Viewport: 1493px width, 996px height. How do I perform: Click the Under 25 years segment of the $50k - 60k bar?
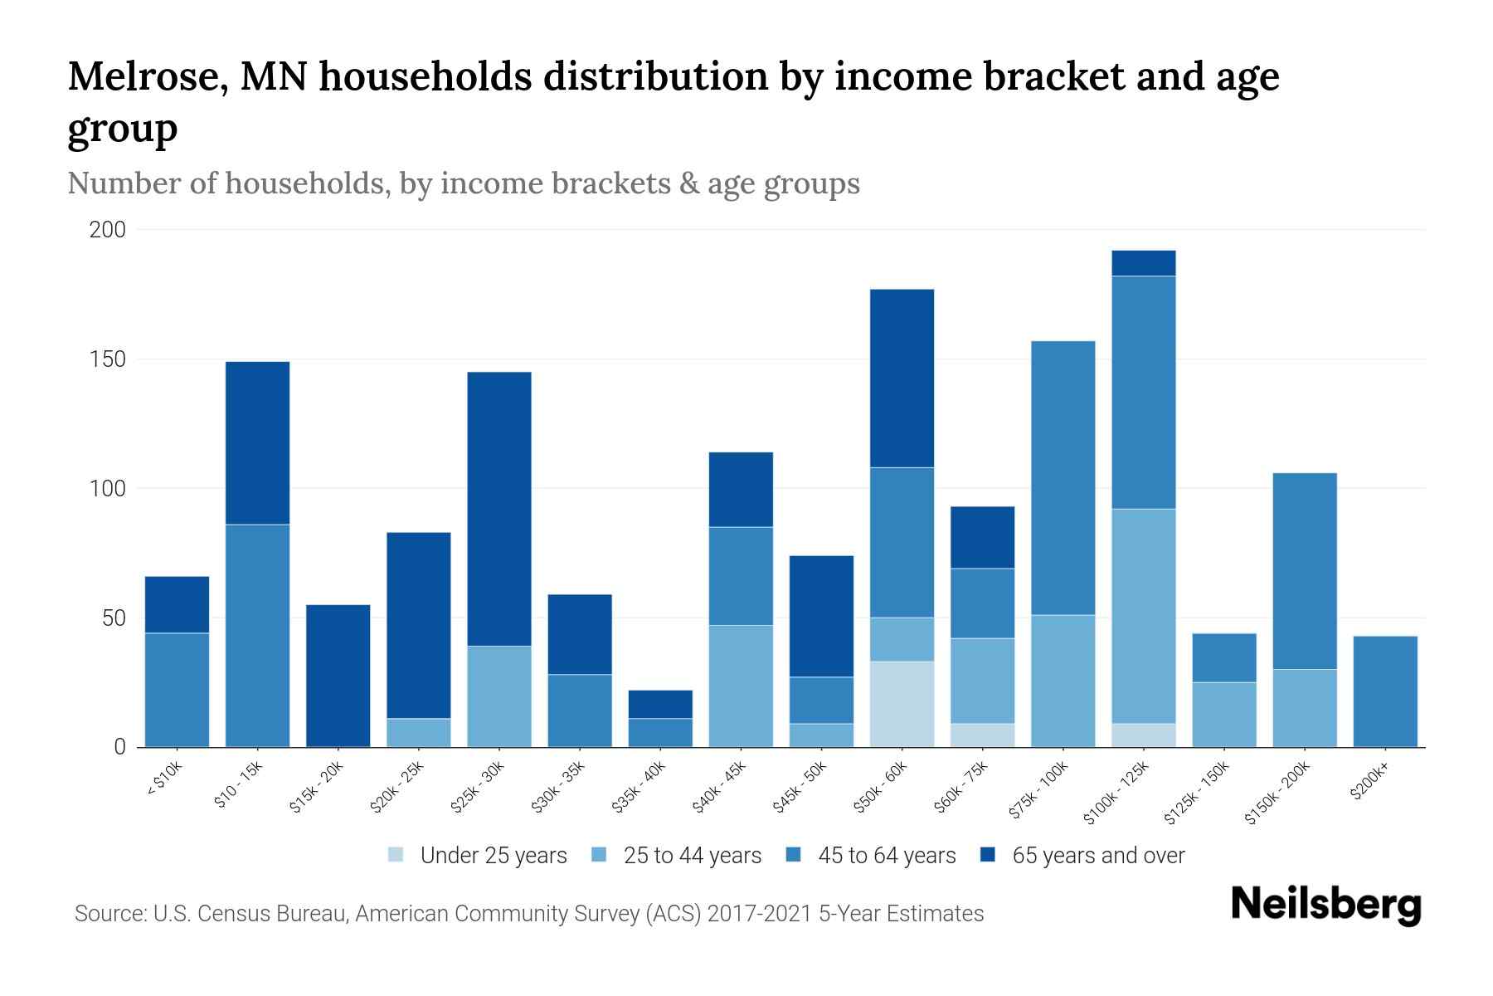(902, 704)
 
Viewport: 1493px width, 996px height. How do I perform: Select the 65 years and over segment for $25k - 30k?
(499, 508)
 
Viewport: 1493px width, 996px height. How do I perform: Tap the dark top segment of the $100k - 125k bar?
(1144, 263)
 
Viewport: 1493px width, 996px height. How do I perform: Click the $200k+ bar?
(1385, 691)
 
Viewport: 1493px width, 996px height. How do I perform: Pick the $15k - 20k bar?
(338, 676)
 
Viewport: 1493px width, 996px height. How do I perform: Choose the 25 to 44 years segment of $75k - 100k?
(1063, 681)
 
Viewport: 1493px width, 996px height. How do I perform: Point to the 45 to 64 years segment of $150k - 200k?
(1305, 571)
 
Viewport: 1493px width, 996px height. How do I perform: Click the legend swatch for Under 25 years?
(396, 855)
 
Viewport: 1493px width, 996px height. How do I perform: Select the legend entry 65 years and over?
(1097, 855)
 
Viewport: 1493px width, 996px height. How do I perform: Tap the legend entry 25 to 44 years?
(692, 855)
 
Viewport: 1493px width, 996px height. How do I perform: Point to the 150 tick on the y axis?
(107, 359)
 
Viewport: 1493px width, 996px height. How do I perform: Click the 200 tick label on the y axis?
(107, 230)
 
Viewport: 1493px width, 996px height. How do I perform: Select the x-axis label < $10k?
(164, 779)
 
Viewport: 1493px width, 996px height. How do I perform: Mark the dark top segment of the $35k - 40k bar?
(660, 704)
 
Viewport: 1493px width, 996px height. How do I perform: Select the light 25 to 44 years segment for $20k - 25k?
(418, 733)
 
